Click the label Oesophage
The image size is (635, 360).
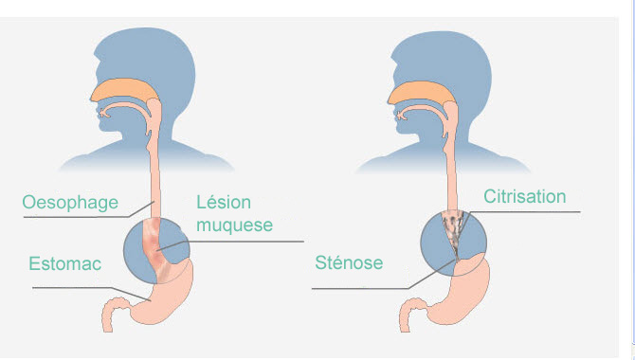tap(70, 203)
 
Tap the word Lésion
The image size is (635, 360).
tap(224, 202)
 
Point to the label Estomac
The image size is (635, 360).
tap(64, 263)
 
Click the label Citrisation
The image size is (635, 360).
tap(525, 196)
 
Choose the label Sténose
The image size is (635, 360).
tap(349, 262)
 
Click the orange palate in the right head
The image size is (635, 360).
tap(421, 93)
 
